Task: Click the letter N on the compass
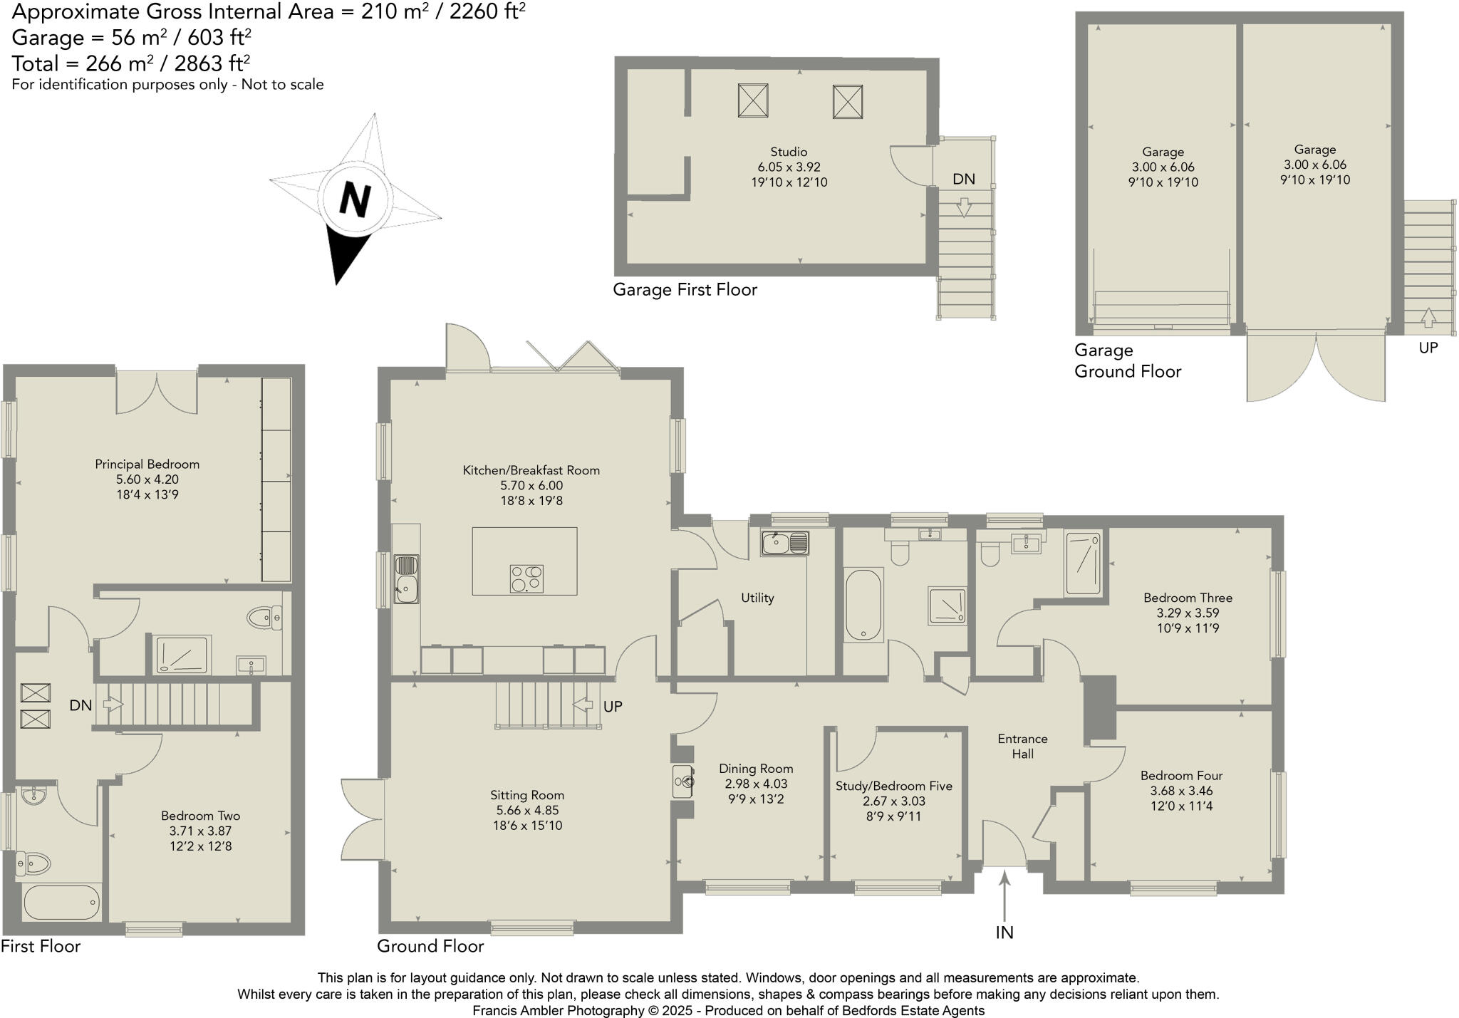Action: coord(355,199)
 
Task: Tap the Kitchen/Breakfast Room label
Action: coord(531,470)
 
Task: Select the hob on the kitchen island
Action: coord(526,578)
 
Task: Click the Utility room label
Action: coord(757,598)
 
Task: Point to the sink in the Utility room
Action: coord(784,544)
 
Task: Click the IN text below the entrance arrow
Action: coord(1004,933)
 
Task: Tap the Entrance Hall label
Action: coord(1022,747)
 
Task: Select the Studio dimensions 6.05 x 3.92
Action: coord(789,167)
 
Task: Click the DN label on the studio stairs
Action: coord(963,180)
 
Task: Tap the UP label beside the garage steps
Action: coord(1428,348)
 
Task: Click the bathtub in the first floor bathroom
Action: coord(61,903)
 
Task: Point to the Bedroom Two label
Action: coord(200,816)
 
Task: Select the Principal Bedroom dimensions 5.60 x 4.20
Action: coord(147,479)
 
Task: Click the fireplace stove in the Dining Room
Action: coord(682,781)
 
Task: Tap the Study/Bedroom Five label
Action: coord(893,786)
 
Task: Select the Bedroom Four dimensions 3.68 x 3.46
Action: coord(1181,791)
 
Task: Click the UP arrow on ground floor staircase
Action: coord(583,705)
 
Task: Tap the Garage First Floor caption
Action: coord(685,290)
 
